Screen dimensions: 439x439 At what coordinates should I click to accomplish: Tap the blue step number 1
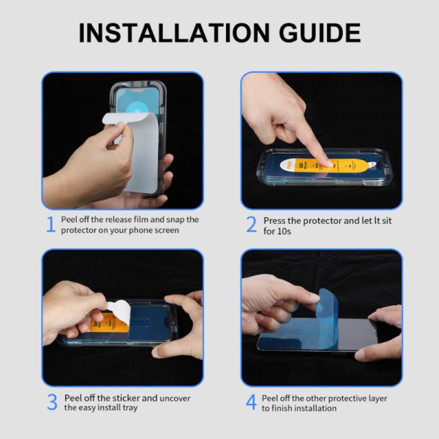pos(51,225)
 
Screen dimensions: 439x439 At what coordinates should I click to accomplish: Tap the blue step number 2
pos(251,225)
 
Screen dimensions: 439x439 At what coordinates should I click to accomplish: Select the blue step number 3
pos(52,403)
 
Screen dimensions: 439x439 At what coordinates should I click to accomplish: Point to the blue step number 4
pos(251,403)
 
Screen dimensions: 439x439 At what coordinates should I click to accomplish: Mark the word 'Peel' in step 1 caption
pos(69,219)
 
